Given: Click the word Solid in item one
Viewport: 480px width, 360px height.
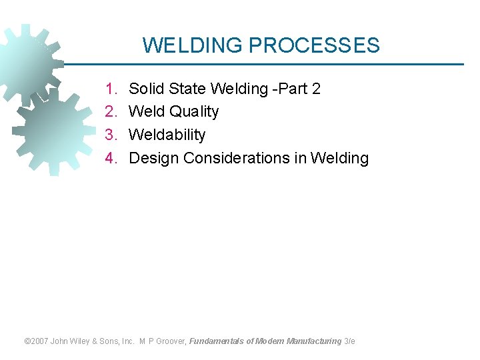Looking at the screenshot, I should tap(145, 89).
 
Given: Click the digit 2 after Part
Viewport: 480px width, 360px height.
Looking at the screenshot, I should tap(316, 89).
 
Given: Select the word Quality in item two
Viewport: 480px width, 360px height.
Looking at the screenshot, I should tap(194, 111).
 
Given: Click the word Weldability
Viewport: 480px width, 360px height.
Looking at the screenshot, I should tap(167, 135).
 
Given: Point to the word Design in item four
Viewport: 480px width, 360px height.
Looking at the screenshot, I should tap(153, 158).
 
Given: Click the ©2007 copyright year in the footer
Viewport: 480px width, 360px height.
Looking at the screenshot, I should tap(35, 341).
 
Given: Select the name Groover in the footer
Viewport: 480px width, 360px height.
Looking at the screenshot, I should tap(171, 341).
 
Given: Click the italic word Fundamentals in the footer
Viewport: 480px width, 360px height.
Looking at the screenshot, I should tap(217, 341).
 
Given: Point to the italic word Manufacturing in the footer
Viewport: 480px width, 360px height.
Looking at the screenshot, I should tap(314, 341).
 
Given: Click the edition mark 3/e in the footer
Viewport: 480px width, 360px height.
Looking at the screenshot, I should tap(349, 341).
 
